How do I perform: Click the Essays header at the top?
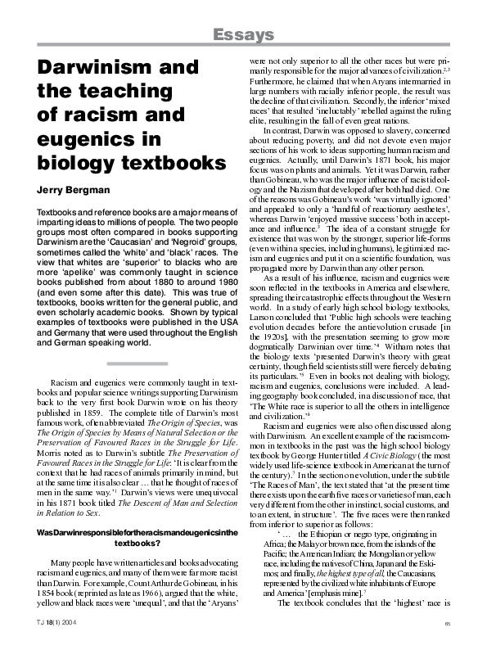pyautogui.click(x=244, y=34)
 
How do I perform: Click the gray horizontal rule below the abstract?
pyautogui.click(x=138, y=361)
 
